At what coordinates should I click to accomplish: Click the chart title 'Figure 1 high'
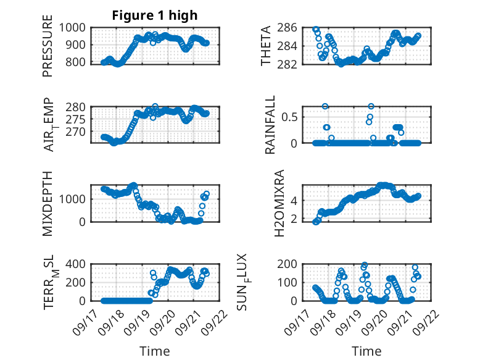pos(154,15)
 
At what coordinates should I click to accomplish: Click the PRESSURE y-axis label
pos(48,51)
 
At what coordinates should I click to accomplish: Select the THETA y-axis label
pos(266,46)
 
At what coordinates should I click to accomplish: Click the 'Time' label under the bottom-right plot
pos(366,351)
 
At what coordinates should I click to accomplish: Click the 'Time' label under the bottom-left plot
pos(155,351)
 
